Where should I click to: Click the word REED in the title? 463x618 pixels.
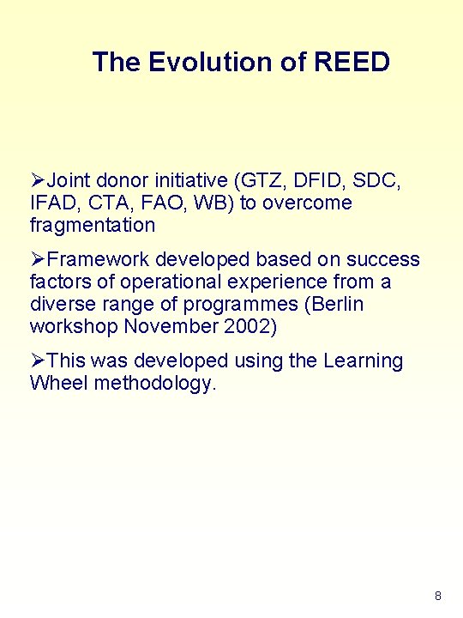click(x=352, y=62)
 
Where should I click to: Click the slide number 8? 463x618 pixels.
click(x=438, y=596)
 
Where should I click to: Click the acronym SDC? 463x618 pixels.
click(x=379, y=181)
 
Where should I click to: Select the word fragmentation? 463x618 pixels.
click(x=93, y=226)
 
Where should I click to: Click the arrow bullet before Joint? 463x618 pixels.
click(x=37, y=181)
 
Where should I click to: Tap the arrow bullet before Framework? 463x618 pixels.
click(x=37, y=259)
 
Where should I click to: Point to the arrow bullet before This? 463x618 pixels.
click(x=37, y=360)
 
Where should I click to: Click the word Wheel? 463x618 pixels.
click(x=58, y=383)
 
